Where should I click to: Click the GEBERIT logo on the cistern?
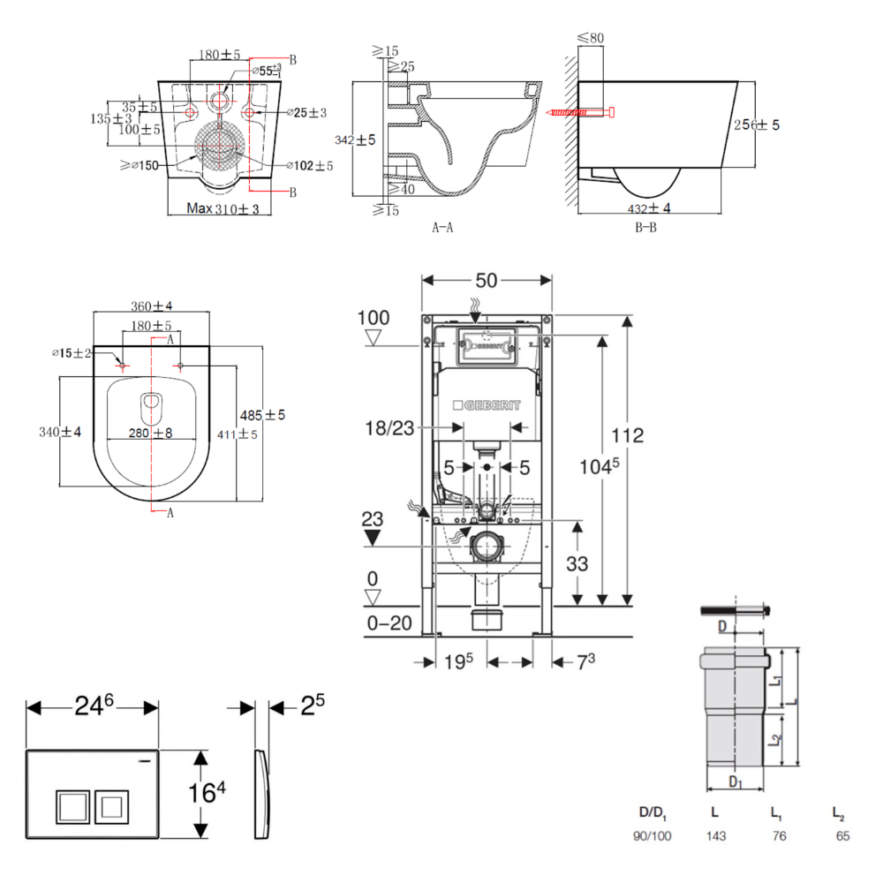[487, 405]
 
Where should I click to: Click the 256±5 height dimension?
[757, 125]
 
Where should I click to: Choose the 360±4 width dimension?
[153, 306]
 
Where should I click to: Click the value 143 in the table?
[716, 835]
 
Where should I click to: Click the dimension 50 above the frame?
[487, 281]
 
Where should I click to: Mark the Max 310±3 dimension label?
[223, 208]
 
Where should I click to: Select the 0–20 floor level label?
[389, 623]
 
